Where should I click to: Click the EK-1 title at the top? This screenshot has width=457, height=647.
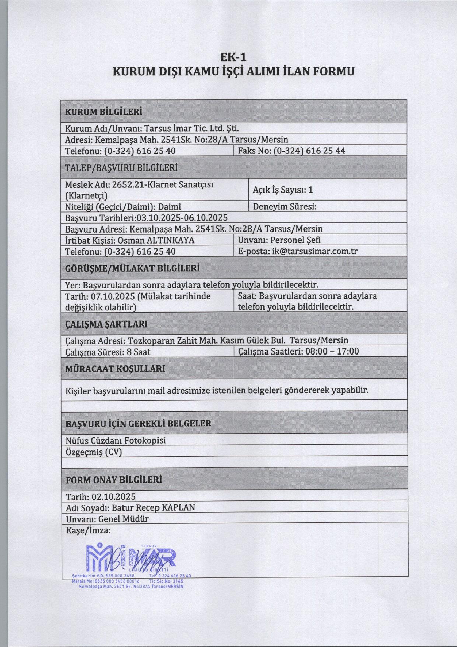click(233, 57)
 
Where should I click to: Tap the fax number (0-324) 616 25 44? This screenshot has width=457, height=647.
click(310, 151)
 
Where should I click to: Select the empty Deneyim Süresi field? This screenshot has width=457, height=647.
click(360, 206)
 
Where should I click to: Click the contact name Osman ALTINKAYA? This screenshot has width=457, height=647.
click(156, 240)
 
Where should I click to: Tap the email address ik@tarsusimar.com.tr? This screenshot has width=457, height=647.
click(315, 251)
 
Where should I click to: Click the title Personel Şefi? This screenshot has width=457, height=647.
click(295, 240)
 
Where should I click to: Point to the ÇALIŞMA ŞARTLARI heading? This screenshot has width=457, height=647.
click(106, 324)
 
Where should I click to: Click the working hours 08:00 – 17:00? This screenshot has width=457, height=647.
click(332, 351)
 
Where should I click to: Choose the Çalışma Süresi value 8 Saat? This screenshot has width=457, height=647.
click(138, 352)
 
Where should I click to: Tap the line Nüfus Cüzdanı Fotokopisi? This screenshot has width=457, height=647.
click(115, 440)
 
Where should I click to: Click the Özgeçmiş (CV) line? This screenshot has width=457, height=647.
click(94, 452)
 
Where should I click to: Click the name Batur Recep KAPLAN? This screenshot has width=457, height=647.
click(153, 507)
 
